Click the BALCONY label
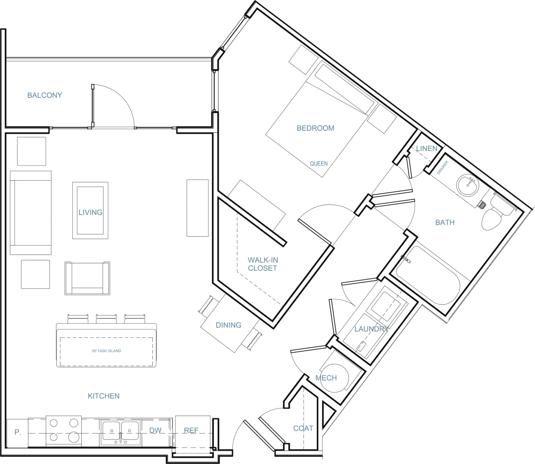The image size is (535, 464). click(44, 95)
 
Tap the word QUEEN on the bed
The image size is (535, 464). click(319, 163)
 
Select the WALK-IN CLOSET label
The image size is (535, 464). click(262, 264)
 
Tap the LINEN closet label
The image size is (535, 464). click(426, 148)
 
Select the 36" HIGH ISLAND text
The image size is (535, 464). click(106, 351)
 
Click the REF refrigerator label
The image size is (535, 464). click(191, 430)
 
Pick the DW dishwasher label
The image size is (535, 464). click(155, 430)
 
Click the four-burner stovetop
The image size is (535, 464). click(64, 430)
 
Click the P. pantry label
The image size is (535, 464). click(17, 432)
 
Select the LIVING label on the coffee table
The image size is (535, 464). click(90, 212)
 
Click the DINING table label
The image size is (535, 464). click(228, 325)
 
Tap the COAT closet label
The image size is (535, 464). click(303, 428)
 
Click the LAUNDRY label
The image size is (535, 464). click(371, 329)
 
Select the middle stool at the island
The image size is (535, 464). click(106, 318)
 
